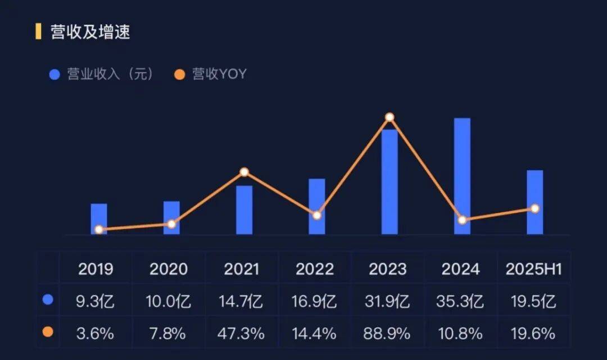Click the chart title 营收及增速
click(90, 32)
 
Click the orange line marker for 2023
click(389, 117)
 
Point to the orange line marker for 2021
click(244, 172)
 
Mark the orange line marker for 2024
click(462, 220)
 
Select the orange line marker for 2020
click(171, 224)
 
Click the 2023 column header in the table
click(388, 269)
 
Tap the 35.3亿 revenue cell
click(460, 302)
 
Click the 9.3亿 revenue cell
click(96, 302)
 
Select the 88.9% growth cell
click(388, 334)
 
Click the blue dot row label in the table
click(48, 300)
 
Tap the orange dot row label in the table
click(48, 332)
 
